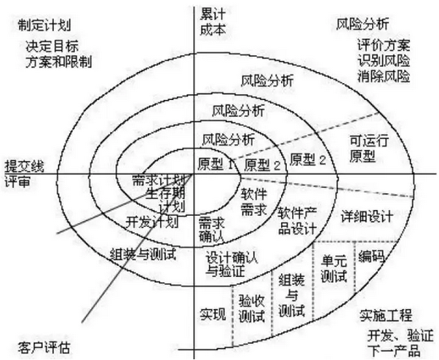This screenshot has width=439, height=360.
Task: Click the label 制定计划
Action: pyautogui.click(x=41, y=24)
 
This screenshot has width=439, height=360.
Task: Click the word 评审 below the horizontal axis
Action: pyautogui.click(x=17, y=181)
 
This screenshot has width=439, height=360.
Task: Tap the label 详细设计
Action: pyautogui.click(x=367, y=216)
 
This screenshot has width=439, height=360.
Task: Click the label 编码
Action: pyautogui.click(x=372, y=257)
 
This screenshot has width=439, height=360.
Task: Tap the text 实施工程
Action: pyautogui.click(x=386, y=316)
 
